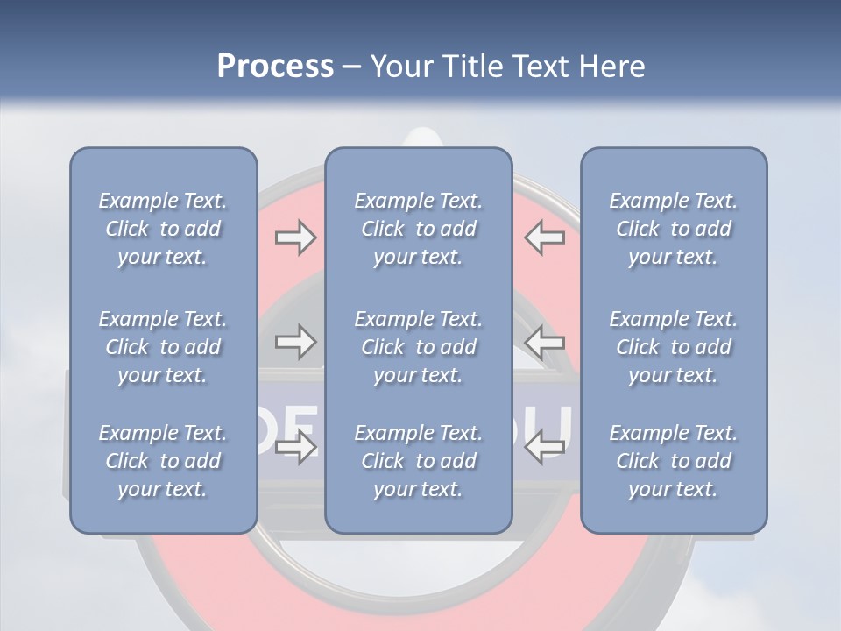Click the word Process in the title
point(275,67)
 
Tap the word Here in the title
point(611,67)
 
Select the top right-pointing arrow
point(295,238)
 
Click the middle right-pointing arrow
point(295,342)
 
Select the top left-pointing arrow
point(545,238)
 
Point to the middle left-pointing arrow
point(545,342)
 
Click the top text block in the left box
point(163,229)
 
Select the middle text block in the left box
point(163,347)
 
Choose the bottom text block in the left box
point(163,461)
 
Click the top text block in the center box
point(418,229)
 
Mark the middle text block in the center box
point(418,347)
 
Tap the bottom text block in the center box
point(418,461)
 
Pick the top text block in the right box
point(673,229)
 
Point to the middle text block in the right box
point(673,347)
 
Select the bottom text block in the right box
point(673,461)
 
